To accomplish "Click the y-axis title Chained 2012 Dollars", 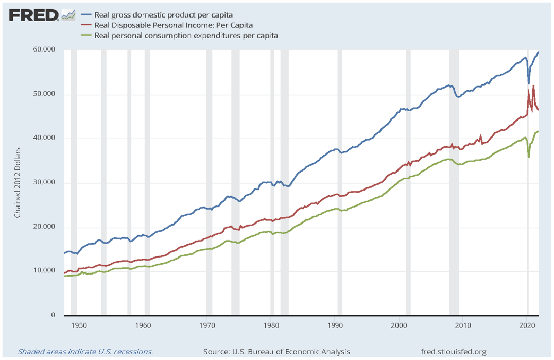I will [x=17, y=183].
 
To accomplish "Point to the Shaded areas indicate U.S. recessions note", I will [x=85, y=352].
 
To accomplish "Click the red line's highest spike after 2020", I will [x=533, y=86].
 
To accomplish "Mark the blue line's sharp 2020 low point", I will [x=528, y=83].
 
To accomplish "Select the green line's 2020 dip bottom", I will [x=529, y=157].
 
